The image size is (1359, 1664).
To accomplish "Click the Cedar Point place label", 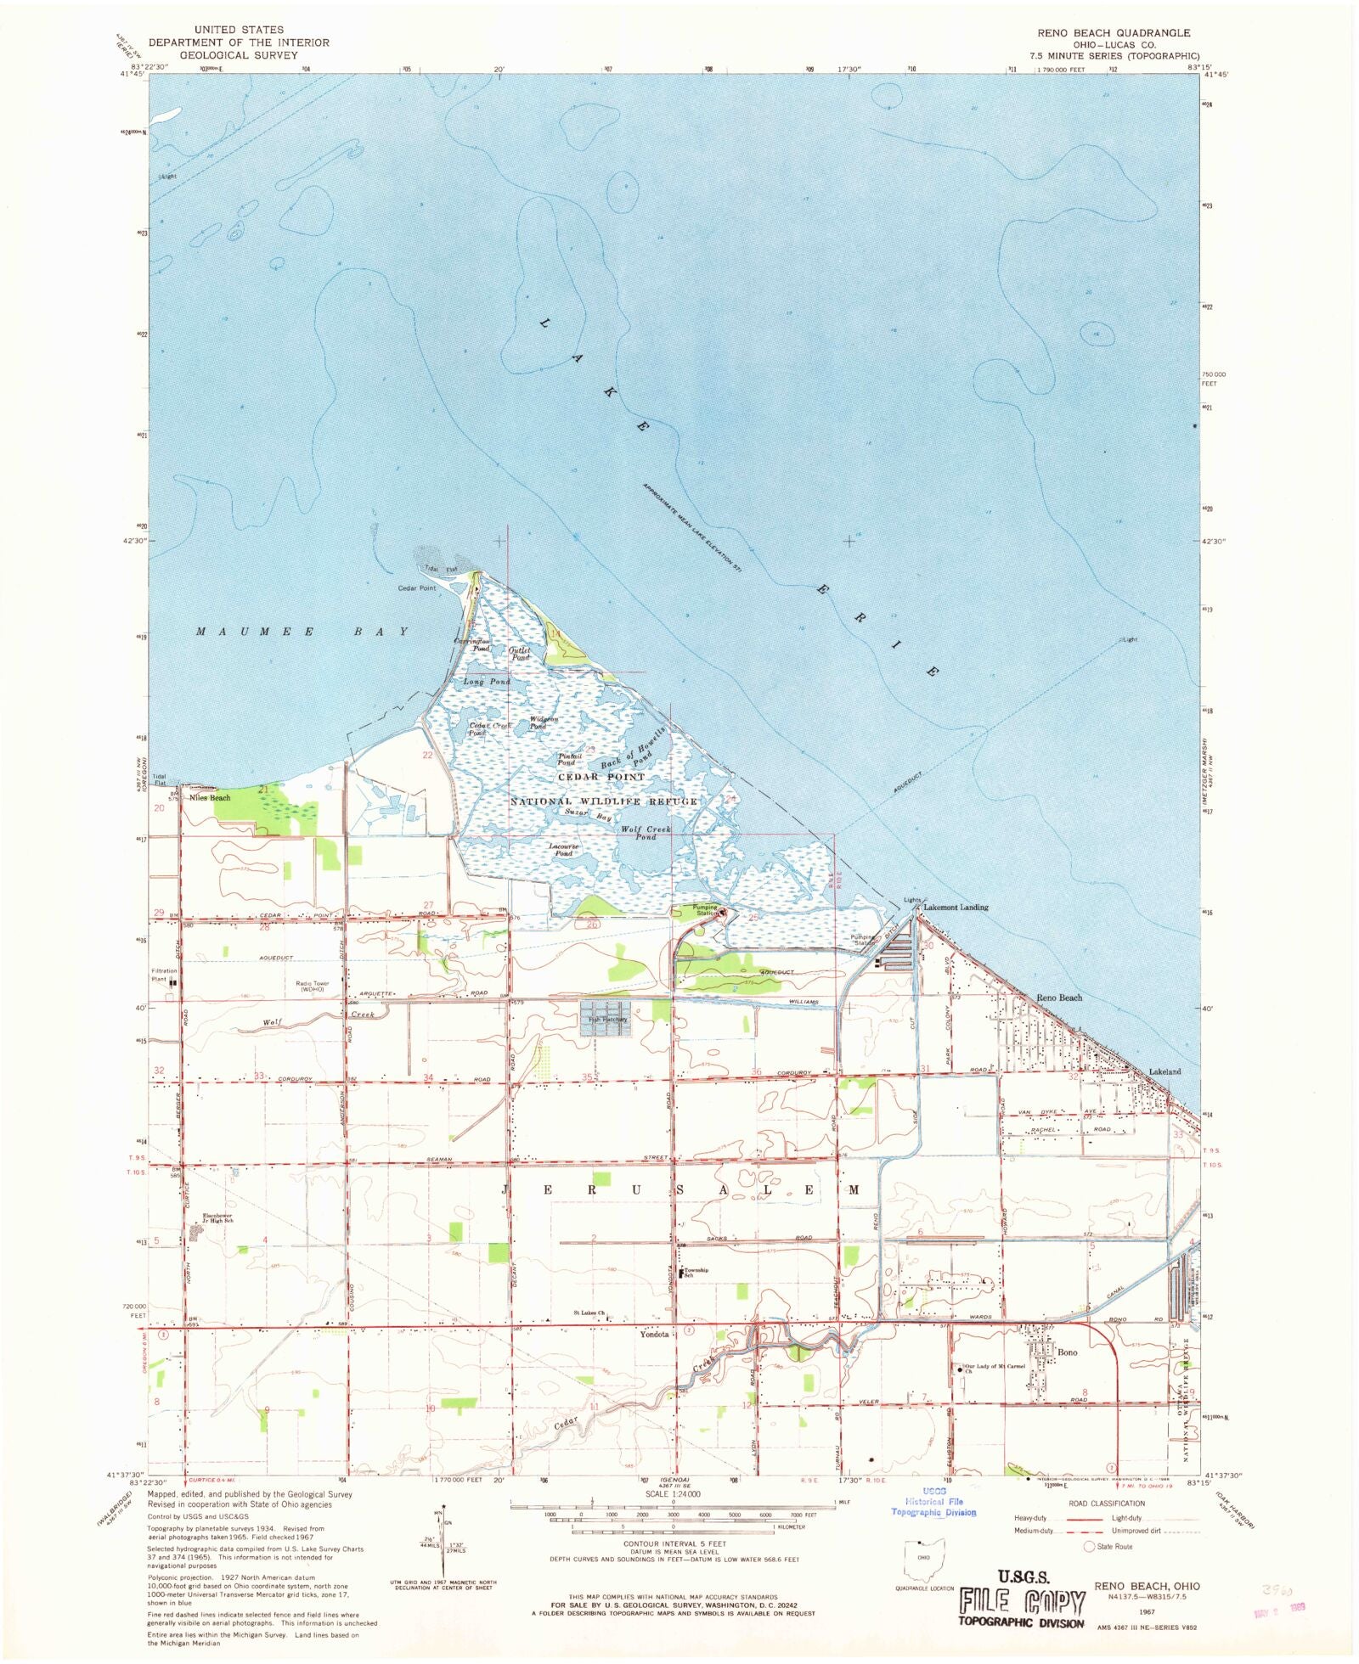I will (416, 588).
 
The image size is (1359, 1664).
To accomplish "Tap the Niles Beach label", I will (210, 798).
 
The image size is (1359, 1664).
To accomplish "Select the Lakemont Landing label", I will (956, 908).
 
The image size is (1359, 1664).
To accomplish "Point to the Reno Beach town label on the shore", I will (1058, 998).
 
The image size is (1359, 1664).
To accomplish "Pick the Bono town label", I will (1067, 1352).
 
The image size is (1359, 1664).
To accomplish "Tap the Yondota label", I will (654, 1335).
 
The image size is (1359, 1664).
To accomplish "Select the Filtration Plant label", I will (164, 975).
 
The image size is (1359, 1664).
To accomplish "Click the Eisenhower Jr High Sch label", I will (217, 1218).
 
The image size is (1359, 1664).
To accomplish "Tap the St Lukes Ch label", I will (589, 1313).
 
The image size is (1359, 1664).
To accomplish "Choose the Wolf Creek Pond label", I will (646, 833).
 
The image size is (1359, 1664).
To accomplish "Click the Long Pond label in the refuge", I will (487, 682).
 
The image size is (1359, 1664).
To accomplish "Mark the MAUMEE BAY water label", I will (302, 632).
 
